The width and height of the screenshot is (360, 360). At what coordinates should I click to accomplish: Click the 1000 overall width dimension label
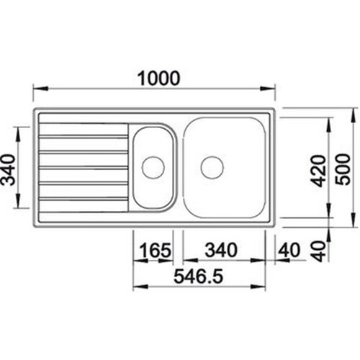pyautogui.click(x=158, y=78)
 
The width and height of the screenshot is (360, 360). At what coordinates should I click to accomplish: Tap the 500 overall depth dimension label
pyautogui.click(x=343, y=169)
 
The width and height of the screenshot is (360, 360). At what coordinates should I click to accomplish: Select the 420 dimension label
pyautogui.click(x=320, y=171)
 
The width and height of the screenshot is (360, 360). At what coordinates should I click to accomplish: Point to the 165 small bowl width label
pyautogui.click(x=156, y=250)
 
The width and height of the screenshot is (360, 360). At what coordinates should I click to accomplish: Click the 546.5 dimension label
pyautogui.click(x=199, y=276)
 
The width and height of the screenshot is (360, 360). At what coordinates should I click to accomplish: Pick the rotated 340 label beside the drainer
pyautogui.click(x=9, y=170)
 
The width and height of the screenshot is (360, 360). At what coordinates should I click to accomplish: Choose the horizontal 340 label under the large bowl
pyautogui.click(x=221, y=250)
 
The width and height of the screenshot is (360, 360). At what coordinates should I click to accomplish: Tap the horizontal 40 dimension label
pyautogui.click(x=289, y=250)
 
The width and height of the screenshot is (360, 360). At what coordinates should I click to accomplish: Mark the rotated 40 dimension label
pyautogui.click(x=320, y=251)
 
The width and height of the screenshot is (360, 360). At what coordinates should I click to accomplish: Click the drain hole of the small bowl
pyautogui.click(x=153, y=167)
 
